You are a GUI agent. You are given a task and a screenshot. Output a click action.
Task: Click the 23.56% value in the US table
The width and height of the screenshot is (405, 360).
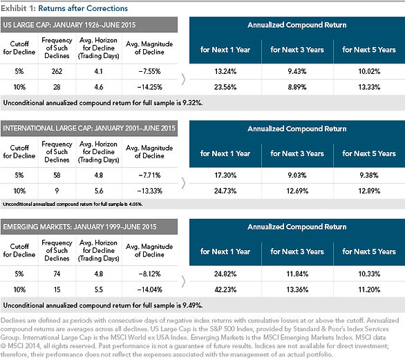point(225,87)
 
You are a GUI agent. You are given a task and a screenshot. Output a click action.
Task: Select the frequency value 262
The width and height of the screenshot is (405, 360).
point(57,71)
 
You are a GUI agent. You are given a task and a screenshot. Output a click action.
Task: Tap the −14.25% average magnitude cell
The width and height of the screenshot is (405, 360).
point(149,87)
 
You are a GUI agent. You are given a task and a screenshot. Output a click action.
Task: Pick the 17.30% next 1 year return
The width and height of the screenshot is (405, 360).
point(225,176)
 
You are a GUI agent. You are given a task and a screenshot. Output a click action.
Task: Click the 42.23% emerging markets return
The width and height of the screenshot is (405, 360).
point(225,290)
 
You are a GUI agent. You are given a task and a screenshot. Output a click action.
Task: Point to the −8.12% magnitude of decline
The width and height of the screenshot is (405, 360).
point(149,274)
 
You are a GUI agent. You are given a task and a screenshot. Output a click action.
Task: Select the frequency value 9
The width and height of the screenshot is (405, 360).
point(57,191)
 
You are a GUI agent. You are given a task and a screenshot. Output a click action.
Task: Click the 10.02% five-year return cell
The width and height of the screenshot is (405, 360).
point(369,71)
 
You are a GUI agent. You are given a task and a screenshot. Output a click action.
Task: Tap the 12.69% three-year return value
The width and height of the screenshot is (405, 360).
point(297,191)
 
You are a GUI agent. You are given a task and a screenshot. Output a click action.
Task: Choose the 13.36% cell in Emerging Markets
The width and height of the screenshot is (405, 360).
point(297,290)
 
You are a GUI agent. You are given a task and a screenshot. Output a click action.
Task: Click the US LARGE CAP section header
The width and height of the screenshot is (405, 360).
point(89,25)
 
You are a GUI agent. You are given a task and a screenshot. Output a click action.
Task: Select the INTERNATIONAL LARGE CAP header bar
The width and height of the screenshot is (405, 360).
point(89,129)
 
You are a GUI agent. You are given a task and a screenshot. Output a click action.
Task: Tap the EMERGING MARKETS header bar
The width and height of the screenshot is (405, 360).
point(89,227)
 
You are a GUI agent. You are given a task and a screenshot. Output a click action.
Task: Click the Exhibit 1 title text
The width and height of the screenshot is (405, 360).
point(64,8)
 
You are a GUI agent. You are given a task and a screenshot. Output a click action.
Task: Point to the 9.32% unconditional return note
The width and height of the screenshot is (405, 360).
point(103,103)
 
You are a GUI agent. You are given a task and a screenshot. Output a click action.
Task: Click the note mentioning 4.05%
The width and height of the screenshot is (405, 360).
point(73,204)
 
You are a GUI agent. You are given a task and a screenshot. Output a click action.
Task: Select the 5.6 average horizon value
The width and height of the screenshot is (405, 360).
point(99,191)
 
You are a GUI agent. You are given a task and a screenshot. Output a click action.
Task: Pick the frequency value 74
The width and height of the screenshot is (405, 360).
point(57,274)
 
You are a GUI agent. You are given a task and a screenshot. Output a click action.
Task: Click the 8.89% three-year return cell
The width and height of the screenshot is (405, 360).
point(297,87)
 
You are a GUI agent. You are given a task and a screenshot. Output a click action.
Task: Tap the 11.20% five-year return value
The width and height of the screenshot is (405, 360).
point(369,290)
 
